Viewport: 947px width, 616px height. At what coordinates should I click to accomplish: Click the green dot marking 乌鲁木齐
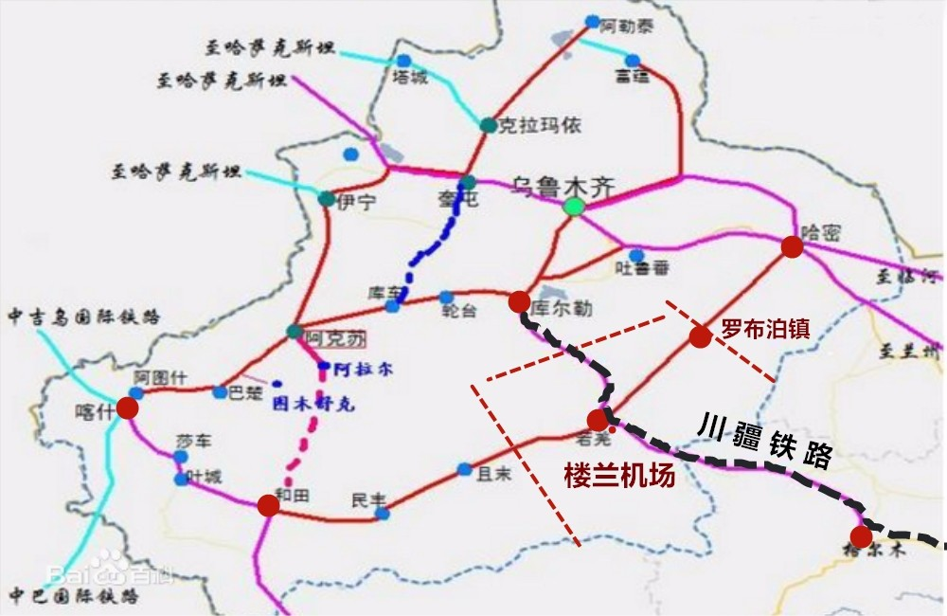[572, 206]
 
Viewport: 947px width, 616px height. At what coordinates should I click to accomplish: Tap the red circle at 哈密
[792, 247]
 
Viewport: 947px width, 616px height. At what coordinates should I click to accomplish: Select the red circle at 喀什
[127, 408]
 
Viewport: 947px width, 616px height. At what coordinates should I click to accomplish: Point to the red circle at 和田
[268, 505]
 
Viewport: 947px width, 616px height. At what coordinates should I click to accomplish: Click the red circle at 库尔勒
[519, 301]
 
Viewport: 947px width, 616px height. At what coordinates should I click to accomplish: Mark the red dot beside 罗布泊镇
[700, 336]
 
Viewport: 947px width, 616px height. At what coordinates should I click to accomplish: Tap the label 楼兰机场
[619, 475]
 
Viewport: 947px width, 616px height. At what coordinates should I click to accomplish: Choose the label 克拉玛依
[540, 125]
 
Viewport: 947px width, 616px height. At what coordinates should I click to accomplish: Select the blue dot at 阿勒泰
[593, 21]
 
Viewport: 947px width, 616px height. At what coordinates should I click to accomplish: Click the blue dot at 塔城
[402, 61]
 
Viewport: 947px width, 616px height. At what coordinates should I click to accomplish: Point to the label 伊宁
[356, 201]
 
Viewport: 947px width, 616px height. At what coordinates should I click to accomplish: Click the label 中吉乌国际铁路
[83, 315]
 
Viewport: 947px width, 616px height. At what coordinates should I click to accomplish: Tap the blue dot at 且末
[464, 469]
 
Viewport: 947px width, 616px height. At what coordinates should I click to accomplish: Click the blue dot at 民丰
[382, 514]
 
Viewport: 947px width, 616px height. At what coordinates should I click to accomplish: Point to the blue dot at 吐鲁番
[636, 255]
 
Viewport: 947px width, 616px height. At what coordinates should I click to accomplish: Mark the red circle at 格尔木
[861, 536]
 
